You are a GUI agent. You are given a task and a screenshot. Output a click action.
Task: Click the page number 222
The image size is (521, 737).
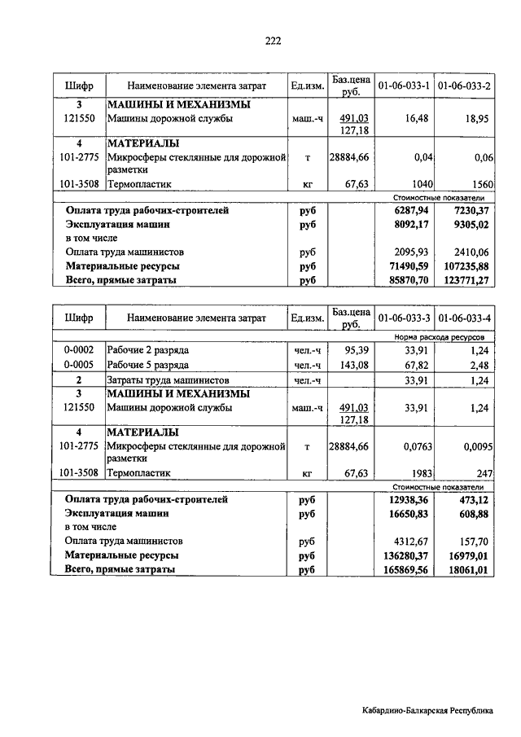click(x=273, y=43)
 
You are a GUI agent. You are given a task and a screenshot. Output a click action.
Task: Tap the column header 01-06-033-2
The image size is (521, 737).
click(x=463, y=85)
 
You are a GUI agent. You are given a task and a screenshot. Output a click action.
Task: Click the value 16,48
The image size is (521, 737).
click(x=416, y=119)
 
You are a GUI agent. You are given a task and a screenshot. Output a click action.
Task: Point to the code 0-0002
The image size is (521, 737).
click(x=79, y=350)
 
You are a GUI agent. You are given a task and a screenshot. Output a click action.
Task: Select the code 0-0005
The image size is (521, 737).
click(x=79, y=365)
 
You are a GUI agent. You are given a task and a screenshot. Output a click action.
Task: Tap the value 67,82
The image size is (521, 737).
click(x=416, y=365)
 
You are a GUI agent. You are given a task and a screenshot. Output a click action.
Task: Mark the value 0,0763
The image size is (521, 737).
click(x=413, y=446)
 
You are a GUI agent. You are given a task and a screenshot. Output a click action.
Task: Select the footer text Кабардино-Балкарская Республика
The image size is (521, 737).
click(x=428, y=711)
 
